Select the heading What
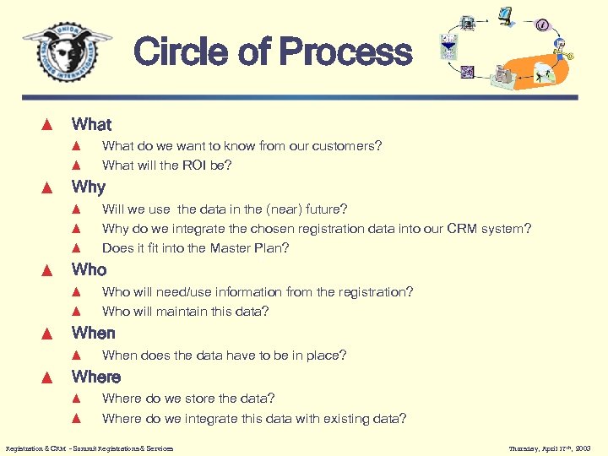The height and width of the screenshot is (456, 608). (91, 124)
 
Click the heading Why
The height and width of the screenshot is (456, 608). (89, 187)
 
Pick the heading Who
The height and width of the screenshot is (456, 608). (90, 269)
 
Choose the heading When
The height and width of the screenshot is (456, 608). (94, 333)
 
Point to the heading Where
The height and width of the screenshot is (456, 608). (96, 377)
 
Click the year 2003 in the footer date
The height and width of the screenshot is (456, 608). (582, 448)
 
